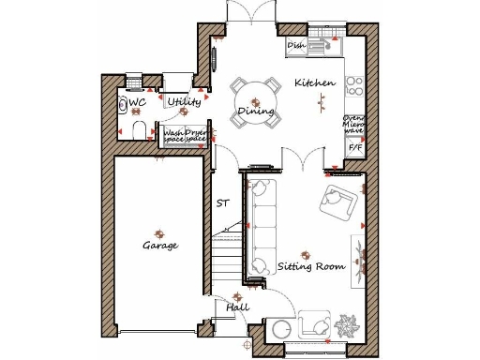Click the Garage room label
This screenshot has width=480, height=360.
(160, 246)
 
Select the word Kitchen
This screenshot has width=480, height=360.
(315, 83)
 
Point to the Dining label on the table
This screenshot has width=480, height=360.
(255, 112)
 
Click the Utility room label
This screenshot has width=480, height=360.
(184, 101)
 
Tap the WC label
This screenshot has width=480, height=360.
(137, 102)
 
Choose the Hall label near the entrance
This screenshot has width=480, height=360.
(236, 307)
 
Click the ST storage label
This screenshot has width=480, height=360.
(222, 202)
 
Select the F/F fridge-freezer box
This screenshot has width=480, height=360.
(355, 148)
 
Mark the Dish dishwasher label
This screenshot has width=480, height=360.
(297, 44)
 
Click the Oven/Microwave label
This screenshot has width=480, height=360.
(355, 125)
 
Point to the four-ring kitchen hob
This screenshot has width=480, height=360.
(355, 86)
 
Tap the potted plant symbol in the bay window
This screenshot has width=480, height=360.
(348, 328)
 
